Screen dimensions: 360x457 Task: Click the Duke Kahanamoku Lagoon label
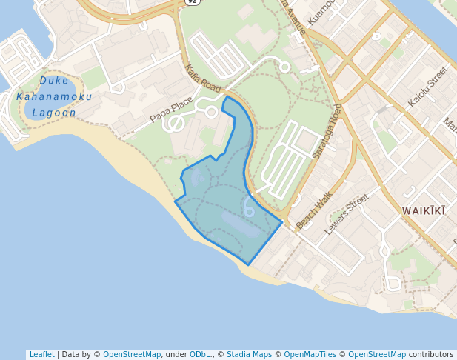tap(54, 96)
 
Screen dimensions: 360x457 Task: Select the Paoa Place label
tap(171, 110)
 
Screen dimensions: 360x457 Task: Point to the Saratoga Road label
tap(327, 132)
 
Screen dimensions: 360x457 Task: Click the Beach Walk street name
tap(315, 211)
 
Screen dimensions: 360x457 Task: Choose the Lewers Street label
tap(346, 214)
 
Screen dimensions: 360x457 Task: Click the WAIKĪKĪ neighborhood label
tap(424, 211)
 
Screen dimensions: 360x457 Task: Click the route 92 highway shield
tap(193, 2)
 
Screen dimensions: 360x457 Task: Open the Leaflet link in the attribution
tap(41, 354)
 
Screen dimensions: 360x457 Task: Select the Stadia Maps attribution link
tap(249, 354)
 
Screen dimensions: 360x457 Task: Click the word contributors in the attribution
tap(431, 354)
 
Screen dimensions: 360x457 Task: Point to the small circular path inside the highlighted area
tap(250, 212)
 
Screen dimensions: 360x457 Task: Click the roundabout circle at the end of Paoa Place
tap(211, 112)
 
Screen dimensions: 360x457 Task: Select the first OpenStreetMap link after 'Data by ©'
tap(132, 354)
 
